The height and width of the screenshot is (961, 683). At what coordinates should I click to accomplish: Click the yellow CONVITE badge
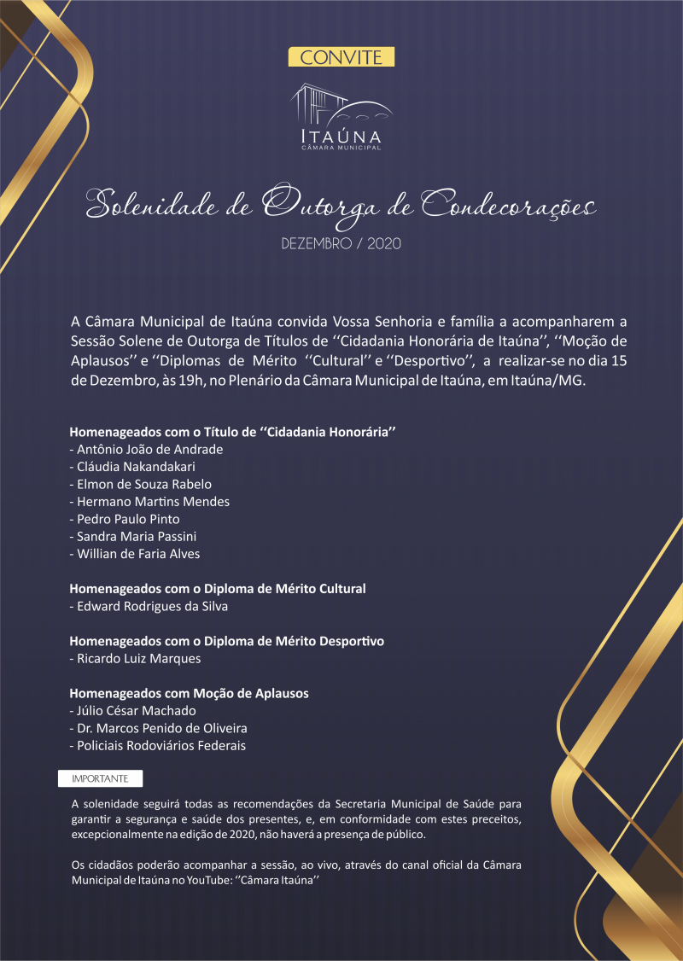341,57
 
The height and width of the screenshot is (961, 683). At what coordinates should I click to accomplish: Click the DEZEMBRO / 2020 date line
341,244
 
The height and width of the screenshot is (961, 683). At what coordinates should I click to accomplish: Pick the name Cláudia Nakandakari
137,467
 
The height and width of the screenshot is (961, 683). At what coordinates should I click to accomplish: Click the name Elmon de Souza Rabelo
140,484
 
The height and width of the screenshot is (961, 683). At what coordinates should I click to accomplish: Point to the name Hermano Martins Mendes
149,502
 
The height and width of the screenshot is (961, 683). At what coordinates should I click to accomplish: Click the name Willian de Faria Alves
138,554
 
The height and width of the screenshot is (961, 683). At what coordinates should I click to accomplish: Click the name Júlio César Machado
132,710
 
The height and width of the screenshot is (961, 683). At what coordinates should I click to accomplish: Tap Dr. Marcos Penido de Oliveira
158,728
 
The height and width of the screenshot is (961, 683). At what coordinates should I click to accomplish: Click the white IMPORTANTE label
101,778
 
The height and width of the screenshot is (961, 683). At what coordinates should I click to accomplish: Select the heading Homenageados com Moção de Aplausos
189,693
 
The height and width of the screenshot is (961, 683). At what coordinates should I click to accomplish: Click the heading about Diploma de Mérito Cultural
217,589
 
